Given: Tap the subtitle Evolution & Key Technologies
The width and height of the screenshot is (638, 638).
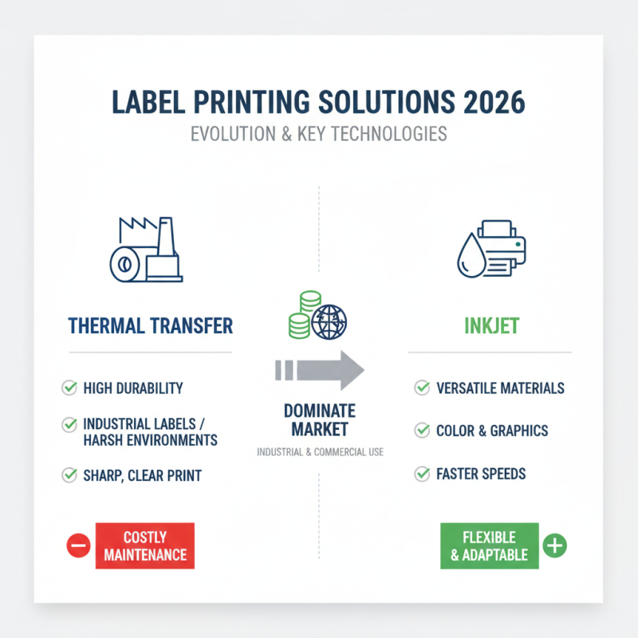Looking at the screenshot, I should click(x=318, y=134).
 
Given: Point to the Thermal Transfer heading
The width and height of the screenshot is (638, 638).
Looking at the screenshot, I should click(x=150, y=325).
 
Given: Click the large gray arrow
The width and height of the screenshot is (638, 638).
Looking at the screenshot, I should click(x=319, y=370).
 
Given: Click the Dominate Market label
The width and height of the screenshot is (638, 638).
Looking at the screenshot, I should click(x=318, y=420).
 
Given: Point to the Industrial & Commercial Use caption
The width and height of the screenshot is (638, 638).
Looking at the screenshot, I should click(x=319, y=452).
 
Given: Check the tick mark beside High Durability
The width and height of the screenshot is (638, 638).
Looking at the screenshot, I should click(x=69, y=388).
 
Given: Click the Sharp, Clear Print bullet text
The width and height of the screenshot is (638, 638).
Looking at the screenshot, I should click(x=143, y=476).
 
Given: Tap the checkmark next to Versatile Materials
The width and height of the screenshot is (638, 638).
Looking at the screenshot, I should click(x=422, y=388).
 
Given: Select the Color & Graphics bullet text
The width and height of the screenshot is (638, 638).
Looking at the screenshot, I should click(x=492, y=431).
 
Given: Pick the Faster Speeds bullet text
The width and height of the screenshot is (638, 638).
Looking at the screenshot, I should click(x=481, y=474).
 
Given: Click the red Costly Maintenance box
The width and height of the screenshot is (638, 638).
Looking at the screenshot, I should click(x=144, y=546).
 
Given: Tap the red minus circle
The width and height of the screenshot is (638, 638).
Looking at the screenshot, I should click(x=78, y=546).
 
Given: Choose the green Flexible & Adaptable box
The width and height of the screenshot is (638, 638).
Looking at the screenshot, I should click(x=489, y=546).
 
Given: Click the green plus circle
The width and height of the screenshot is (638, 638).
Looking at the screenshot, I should click(x=554, y=546).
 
